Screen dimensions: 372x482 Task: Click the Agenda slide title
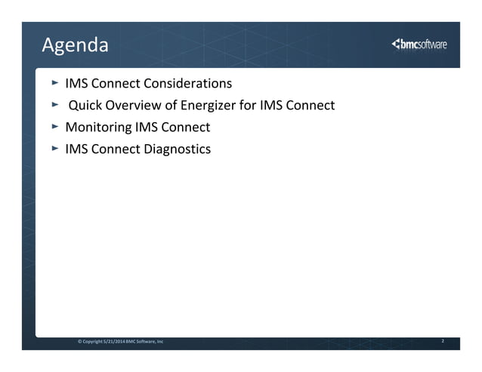point(75,46)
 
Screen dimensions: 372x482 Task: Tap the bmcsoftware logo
point(419,45)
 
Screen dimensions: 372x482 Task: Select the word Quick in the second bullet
point(85,105)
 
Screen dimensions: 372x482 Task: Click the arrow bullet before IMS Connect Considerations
point(54,82)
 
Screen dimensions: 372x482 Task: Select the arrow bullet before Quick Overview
point(54,104)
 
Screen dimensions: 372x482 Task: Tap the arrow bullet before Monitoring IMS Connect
point(54,126)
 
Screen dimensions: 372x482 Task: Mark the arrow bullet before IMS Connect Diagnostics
point(54,148)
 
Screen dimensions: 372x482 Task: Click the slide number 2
point(443,342)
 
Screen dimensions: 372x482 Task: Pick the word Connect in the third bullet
point(187,127)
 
